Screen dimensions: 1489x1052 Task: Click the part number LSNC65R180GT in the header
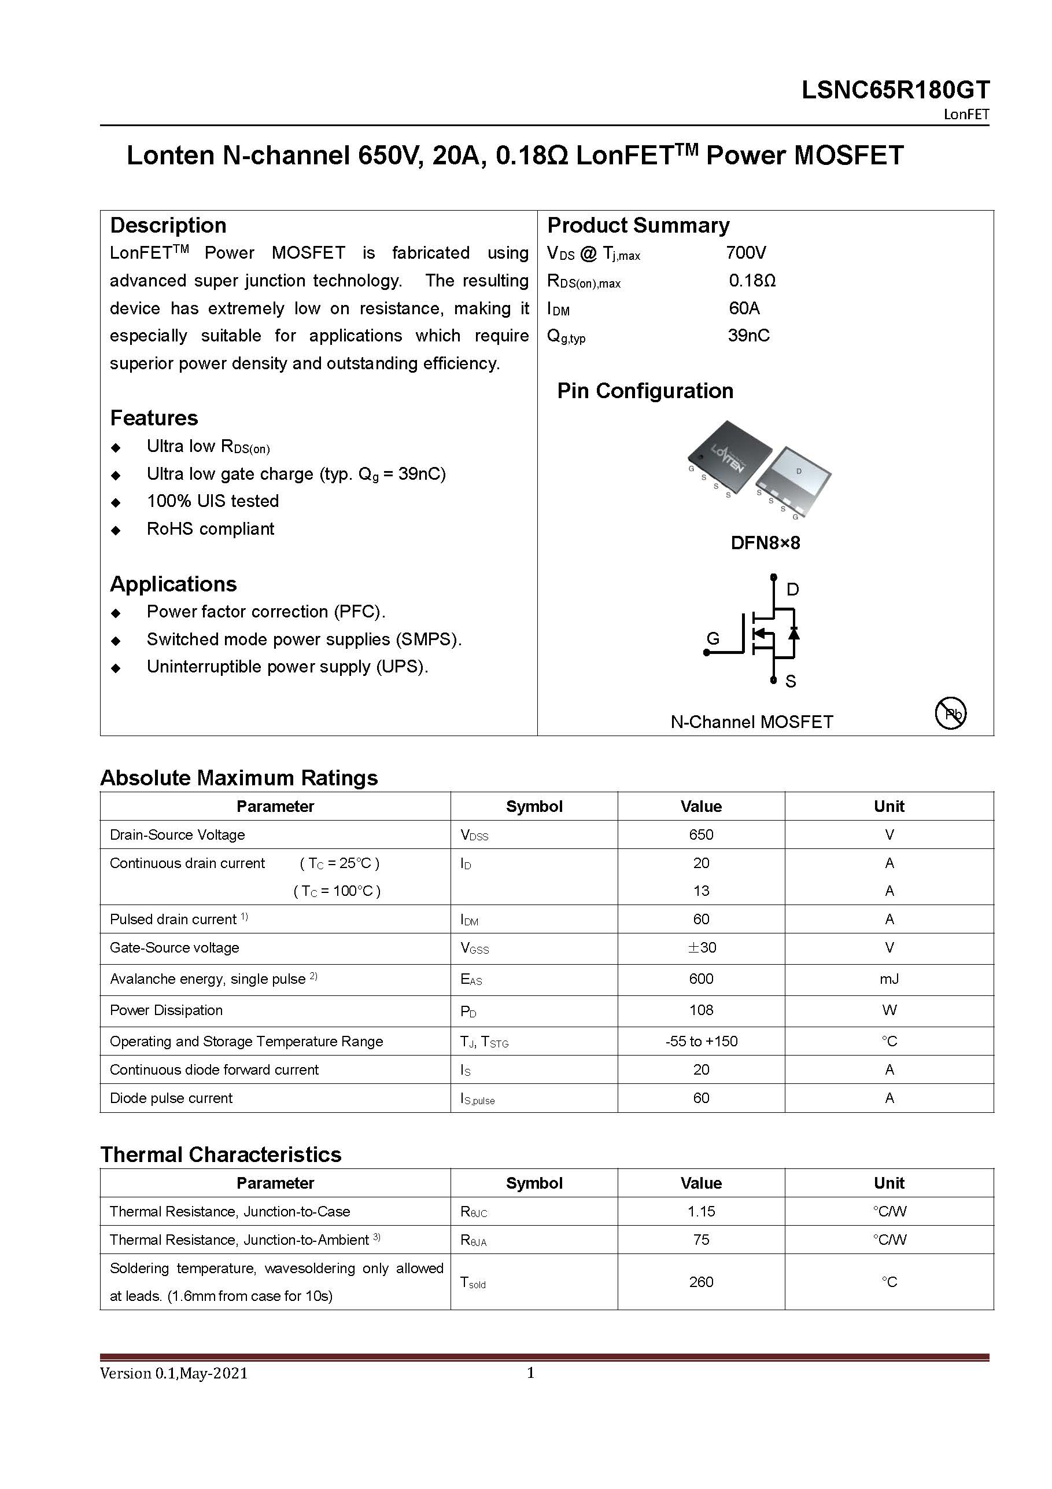pos(895,90)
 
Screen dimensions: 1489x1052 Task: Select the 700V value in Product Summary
pos(745,252)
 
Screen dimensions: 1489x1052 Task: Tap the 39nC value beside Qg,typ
pos(748,335)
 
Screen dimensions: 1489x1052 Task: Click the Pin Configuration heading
pos(645,391)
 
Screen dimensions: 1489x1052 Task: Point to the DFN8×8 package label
pos(765,543)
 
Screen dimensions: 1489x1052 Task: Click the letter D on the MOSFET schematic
pos(792,590)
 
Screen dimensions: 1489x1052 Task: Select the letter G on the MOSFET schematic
pos(713,638)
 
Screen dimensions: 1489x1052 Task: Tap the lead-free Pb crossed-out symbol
pos(950,714)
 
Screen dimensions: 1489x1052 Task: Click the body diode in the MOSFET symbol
pos(793,633)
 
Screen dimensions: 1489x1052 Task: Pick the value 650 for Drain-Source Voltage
pos(701,834)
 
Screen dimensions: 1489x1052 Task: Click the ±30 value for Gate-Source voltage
pos(702,947)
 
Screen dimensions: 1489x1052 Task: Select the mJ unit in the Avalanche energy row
pos(889,979)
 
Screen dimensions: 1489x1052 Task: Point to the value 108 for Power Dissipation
pos(701,1010)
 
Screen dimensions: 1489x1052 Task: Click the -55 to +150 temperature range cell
pos(701,1041)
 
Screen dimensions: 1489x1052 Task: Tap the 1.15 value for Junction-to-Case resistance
pos(701,1211)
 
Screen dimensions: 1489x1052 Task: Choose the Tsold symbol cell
pos(473,1282)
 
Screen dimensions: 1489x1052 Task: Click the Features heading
pos(154,418)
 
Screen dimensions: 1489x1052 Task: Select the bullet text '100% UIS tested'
pos(213,501)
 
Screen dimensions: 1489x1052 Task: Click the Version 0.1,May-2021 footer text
pos(174,1373)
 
